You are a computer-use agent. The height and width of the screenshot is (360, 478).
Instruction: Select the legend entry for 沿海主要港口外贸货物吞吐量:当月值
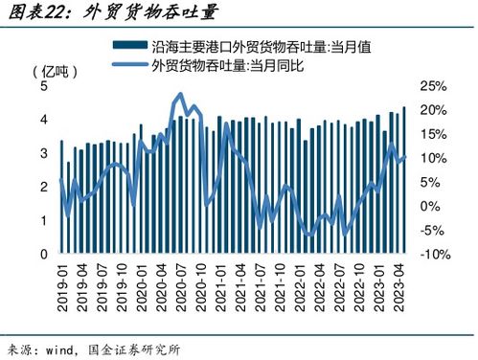tap(249, 45)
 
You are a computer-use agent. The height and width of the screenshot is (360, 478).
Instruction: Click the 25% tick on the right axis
tap(434, 86)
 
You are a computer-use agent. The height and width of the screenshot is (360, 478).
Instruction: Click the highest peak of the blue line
tap(179, 95)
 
